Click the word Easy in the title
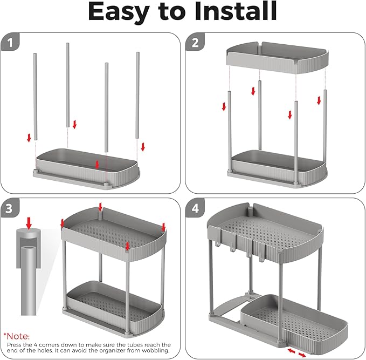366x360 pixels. point(119,12)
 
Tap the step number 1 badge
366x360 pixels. point(10,42)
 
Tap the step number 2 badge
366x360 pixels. point(195,42)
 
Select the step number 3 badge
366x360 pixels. point(9,208)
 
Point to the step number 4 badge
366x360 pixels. point(195,208)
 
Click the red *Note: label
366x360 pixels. point(17,336)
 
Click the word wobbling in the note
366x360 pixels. point(154,350)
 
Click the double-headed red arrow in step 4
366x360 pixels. point(296,353)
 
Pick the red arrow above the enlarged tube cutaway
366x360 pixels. point(29,223)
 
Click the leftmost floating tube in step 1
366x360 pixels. point(35,97)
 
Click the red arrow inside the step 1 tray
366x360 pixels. point(98,165)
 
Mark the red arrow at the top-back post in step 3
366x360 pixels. point(100,207)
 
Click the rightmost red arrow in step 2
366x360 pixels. point(319,100)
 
